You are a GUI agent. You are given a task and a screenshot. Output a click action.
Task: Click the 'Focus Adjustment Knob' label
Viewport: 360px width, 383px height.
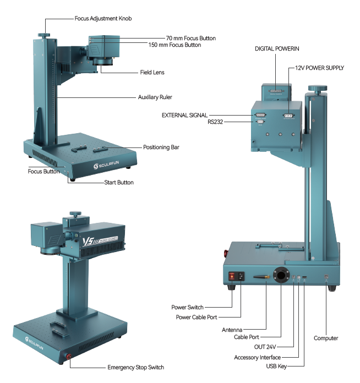click(x=103, y=19)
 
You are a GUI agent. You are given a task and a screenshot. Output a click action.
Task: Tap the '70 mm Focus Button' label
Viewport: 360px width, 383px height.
click(x=191, y=39)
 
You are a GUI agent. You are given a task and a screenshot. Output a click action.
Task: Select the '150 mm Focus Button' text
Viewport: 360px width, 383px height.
click(x=174, y=45)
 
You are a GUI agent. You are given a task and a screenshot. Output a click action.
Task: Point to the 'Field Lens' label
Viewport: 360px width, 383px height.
click(x=152, y=72)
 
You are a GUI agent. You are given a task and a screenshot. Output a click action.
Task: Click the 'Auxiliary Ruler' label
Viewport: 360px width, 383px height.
click(x=155, y=97)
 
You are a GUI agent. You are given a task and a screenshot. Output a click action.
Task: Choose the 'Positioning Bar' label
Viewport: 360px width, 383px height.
click(x=161, y=147)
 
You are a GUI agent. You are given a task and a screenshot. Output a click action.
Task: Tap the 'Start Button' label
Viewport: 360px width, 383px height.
click(x=119, y=183)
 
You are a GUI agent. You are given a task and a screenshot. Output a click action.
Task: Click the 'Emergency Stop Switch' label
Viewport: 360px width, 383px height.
click(x=135, y=368)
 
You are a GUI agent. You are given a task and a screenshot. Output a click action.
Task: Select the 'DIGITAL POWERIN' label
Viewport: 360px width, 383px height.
click(x=277, y=49)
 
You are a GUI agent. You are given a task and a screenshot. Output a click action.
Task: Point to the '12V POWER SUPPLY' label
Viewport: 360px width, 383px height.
click(x=319, y=68)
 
